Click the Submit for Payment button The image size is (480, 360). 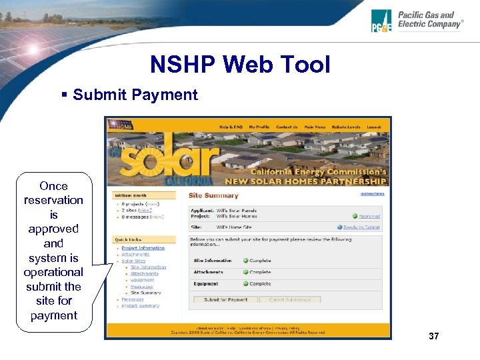pyautogui.click(x=225, y=300)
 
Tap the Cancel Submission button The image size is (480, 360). pyautogui.click(x=289, y=300)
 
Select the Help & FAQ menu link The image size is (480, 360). pyautogui.click(x=231, y=127)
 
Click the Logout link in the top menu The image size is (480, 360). pyautogui.click(x=374, y=127)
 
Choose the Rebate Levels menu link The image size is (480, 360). pyautogui.click(x=346, y=127)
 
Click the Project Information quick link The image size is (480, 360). pyautogui.click(x=143, y=248)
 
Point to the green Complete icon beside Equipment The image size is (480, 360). pyautogui.click(x=245, y=284)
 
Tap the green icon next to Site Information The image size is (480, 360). pyautogui.click(x=245, y=261)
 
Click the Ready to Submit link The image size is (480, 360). pyautogui.click(x=365, y=227)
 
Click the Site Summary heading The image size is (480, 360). pyautogui.click(x=213, y=195)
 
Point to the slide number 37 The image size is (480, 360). pyautogui.click(x=434, y=336)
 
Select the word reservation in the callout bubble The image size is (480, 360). pyautogui.click(x=53, y=200)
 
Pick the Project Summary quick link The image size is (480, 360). pyautogui.click(x=140, y=306)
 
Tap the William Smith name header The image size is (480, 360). pyautogui.click(x=131, y=196)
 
